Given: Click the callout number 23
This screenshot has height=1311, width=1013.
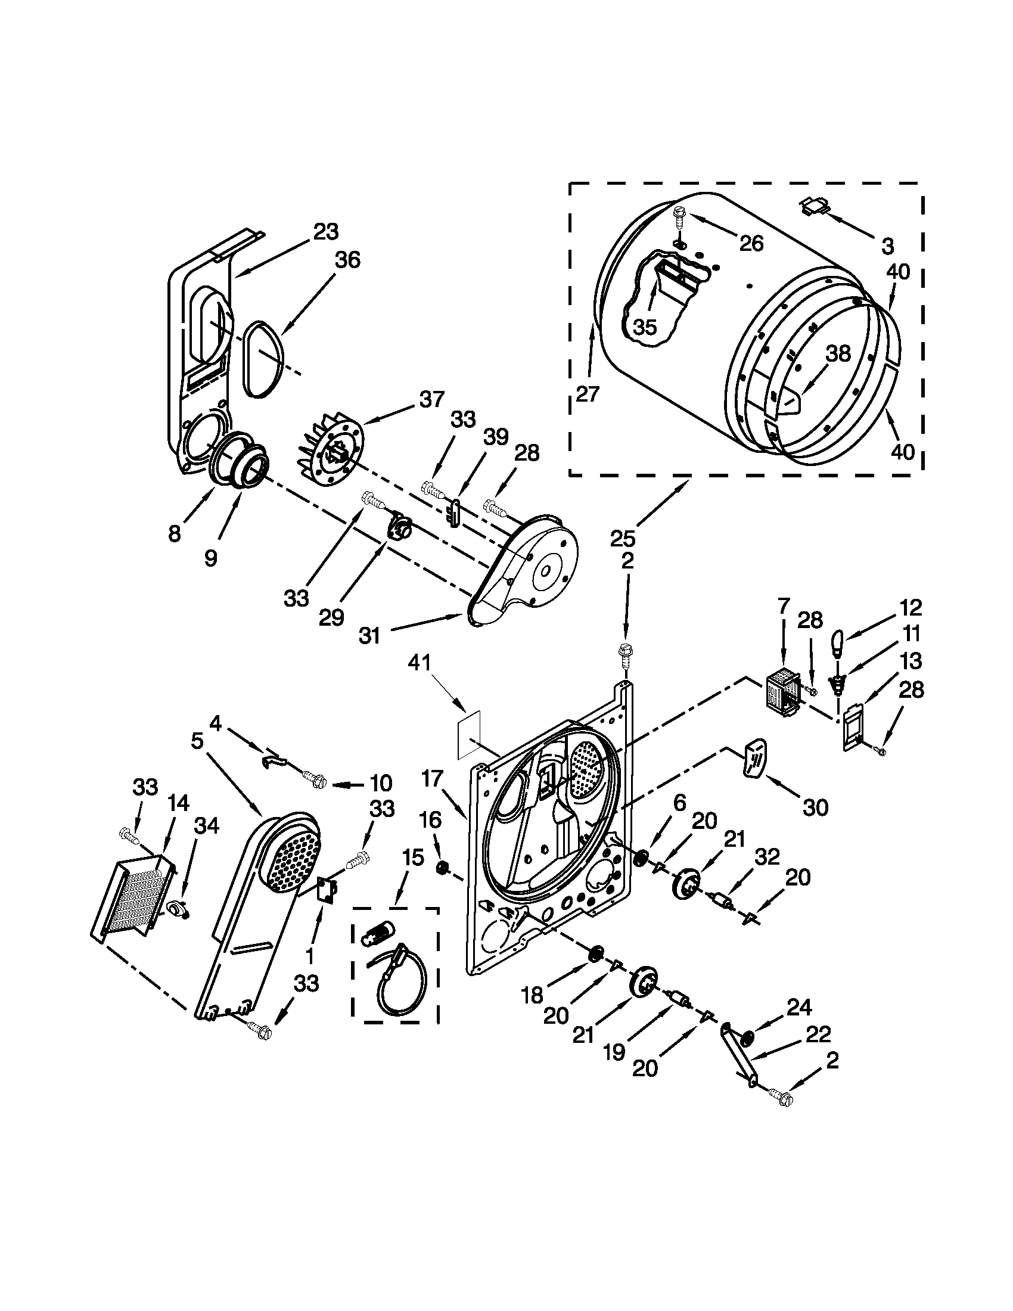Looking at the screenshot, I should pos(326,231).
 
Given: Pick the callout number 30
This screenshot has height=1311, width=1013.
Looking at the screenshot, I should pos(815,807).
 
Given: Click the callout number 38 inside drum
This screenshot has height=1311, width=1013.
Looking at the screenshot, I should pos(838,353).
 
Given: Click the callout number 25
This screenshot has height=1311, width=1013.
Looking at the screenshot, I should pos(622,539).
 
